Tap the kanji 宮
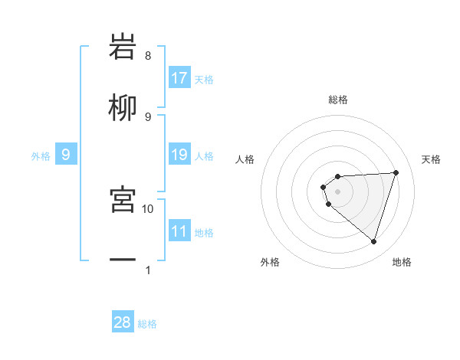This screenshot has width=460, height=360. click(x=123, y=200)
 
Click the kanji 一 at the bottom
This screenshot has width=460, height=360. click(x=123, y=261)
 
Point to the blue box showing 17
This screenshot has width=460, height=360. click(x=179, y=78)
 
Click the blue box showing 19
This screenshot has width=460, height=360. click(x=179, y=155)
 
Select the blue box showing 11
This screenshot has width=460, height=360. click(x=179, y=231)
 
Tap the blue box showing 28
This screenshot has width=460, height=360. click(x=123, y=322)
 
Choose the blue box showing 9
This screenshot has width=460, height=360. click(x=66, y=155)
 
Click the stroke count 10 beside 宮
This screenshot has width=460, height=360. click(x=148, y=208)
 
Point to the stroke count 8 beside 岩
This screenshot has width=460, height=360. click(x=147, y=56)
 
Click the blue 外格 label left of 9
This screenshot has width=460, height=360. click(x=41, y=156)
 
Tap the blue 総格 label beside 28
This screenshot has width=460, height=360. click(x=147, y=324)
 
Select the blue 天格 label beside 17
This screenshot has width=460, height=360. click(x=204, y=79)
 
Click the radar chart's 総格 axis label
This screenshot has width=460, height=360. click(x=338, y=100)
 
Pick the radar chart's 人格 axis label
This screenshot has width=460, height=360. click(x=245, y=159)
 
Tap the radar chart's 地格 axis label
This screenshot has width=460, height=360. click(x=402, y=262)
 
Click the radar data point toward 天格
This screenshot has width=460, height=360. click(x=396, y=172)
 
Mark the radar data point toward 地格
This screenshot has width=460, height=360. click(x=373, y=241)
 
